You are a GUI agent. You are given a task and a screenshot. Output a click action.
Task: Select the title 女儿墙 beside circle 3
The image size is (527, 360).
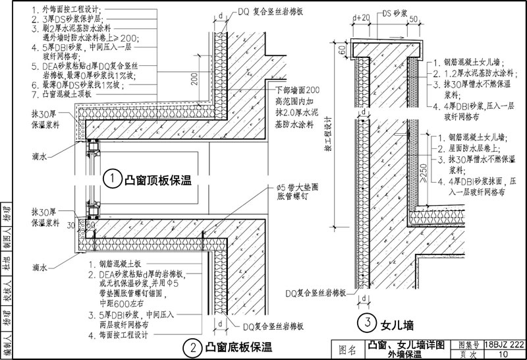coord(397,324)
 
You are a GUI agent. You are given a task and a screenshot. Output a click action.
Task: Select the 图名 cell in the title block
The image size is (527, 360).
coord(347,349)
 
